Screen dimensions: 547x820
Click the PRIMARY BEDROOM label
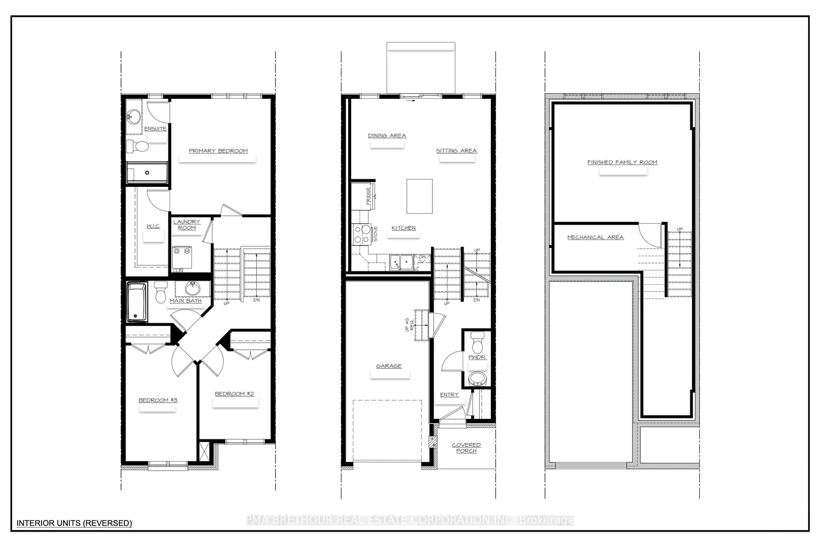click(218, 151)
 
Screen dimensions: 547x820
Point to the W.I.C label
click(153, 226)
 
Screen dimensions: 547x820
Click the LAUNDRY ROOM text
click(187, 225)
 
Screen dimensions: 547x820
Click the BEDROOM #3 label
click(158, 400)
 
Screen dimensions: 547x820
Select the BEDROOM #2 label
click(234, 394)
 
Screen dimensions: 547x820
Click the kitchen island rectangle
click(419, 196)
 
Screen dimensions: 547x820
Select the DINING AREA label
click(387, 135)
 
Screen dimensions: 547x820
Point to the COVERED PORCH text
click(466, 448)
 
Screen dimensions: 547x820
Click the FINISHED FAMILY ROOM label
click(622, 162)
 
